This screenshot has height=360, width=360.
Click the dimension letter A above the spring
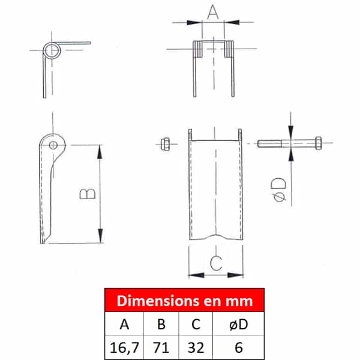click(213, 12)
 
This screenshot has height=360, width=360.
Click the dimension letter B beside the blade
click(88, 194)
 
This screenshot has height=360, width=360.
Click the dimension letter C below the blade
click(216, 262)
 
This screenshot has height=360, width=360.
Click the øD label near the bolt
click(279, 190)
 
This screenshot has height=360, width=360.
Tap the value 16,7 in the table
click(124, 347)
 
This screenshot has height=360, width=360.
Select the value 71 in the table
click(161, 347)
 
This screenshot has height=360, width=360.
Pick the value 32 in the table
click(196, 347)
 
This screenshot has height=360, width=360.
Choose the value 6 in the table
click(239, 347)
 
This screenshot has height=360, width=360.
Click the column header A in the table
click(124, 324)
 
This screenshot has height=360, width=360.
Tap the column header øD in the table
click(239, 324)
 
